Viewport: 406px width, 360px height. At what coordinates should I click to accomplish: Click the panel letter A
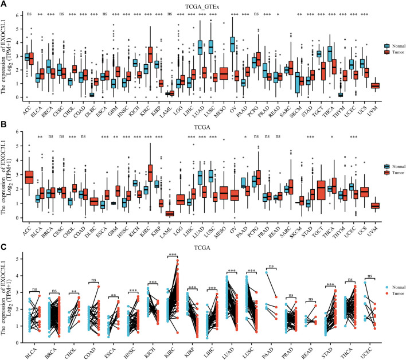pyautogui.click(x=4, y=4)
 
